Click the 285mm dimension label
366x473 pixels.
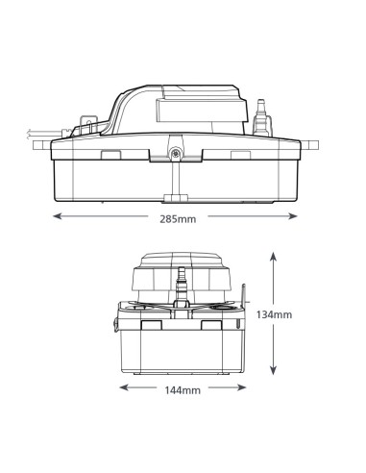coord(178,219)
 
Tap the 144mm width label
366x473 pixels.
coord(183,390)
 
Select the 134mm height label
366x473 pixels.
coord(274,314)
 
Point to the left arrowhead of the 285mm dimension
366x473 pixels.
coord(57,216)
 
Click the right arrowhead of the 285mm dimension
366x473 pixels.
coord(293,216)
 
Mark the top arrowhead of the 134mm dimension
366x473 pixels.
coord(273,257)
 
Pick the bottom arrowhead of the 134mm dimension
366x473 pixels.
coord(273,370)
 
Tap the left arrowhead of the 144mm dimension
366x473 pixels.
coord(124,387)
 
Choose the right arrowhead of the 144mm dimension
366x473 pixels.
coord(242,387)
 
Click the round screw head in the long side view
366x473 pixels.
coord(175,153)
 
